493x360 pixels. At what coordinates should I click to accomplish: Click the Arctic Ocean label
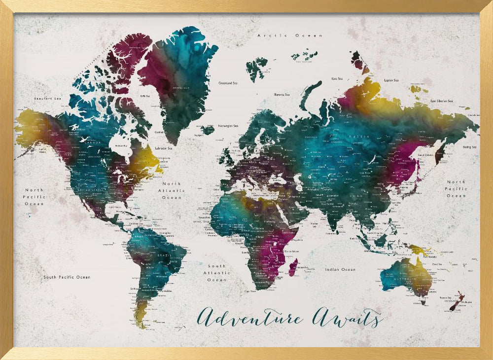tap(289, 36)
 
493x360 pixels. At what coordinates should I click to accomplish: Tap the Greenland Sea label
tap(229, 83)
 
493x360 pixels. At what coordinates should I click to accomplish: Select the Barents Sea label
tap(282, 94)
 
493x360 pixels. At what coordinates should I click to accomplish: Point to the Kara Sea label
tap(337, 78)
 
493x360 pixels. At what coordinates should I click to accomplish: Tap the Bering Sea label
tap(469, 146)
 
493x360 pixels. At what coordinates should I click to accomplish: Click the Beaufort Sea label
tap(46, 99)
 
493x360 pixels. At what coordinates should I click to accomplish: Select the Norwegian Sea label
tap(229, 125)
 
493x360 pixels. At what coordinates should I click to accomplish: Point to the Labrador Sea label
tap(163, 148)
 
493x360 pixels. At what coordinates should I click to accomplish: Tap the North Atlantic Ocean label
tap(172, 190)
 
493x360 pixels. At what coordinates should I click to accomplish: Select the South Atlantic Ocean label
tap(217, 273)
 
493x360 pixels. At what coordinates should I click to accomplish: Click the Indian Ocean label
tap(340, 269)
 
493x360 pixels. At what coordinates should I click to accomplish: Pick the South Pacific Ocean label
tap(67, 277)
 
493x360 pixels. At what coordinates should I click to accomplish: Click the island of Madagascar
tap(293, 268)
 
